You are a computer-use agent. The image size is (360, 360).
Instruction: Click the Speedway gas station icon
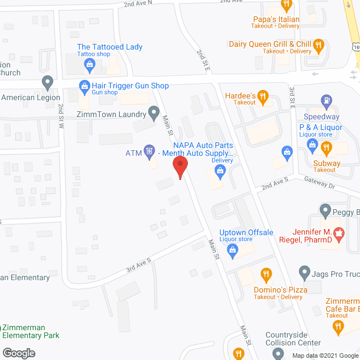pyautogui.click(x=326, y=102)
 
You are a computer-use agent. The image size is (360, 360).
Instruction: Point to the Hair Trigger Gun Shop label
pyautogui.click(x=130, y=86)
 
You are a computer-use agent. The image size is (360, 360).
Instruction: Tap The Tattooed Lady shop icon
pyautogui.click(x=89, y=65)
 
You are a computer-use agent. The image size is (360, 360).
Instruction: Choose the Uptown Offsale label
pyautogui.click(x=246, y=232)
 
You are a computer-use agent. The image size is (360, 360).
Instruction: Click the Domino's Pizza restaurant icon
pyautogui.click(x=266, y=275)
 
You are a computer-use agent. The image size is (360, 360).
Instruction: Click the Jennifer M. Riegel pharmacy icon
pyautogui.click(x=339, y=232)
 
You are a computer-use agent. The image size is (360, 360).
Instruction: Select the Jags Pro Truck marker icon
pyautogui.click(x=304, y=273)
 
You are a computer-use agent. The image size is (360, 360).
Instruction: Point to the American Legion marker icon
pyautogui.click(x=48, y=83)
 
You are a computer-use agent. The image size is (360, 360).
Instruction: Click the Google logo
pyautogui.click(x=18, y=353)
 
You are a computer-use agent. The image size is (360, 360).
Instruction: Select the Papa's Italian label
pyautogui.click(x=276, y=20)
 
